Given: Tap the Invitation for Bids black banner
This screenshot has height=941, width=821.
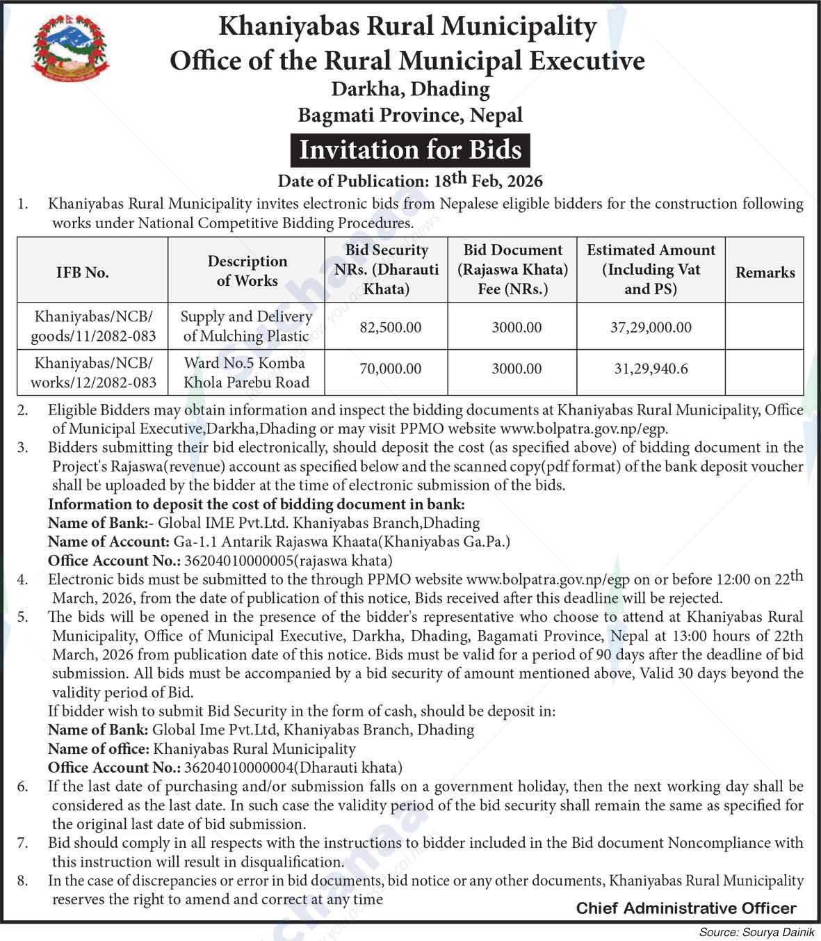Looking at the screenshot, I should pyautogui.click(x=410, y=150).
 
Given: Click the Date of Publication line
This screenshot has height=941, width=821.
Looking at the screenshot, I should pyautogui.click(x=410, y=181).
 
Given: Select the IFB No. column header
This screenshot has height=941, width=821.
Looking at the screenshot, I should pyautogui.click(x=83, y=273).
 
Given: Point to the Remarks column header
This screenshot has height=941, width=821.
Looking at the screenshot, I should pyautogui.click(x=765, y=273).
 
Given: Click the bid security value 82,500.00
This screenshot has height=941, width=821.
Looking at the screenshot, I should pyautogui.click(x=390, y=328).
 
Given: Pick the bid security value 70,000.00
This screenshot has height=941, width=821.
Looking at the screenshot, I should pyautogui.click(x=390, y=369).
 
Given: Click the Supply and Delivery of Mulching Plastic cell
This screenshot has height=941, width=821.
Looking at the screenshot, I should pyautogui.click(x=246, y=326).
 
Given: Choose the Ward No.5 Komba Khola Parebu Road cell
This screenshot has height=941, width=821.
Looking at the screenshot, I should pyautogui.click(x=246, y=373).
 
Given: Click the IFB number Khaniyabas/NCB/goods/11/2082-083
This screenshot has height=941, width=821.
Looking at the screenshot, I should pyautogui.click(x=92, y=326).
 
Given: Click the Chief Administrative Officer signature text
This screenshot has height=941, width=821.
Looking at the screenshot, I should pyautogui.click(x=685, y=908).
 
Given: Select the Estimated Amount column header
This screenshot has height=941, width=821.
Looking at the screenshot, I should pyautogui.click(x=651, y=269).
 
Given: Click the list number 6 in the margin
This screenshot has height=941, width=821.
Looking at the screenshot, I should pyautogui.click(x=23, y=787).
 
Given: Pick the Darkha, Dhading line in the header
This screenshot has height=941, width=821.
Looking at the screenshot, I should pyautogui.click(x=410, y=89).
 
